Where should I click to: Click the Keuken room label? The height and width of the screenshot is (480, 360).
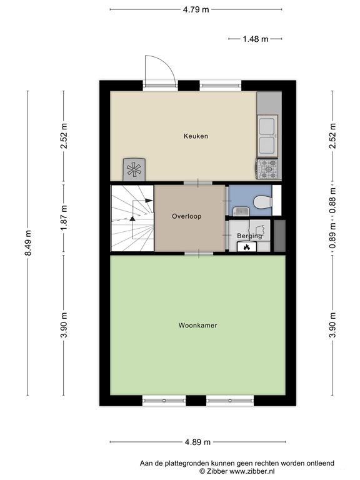pos(196,136)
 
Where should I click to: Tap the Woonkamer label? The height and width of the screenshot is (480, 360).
pos(197,325)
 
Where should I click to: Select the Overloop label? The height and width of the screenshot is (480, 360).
pos(186,216)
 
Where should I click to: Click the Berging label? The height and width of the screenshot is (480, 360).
pos(249,236)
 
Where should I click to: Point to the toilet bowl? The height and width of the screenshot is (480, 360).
pos(263,202)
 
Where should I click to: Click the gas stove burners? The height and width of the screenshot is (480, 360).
pos(269,169)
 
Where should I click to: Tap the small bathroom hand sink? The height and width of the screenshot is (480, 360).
pos(241,211)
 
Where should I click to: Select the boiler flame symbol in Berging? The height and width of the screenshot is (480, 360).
pos(246,247)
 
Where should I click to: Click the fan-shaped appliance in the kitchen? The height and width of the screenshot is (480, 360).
pos(134,169)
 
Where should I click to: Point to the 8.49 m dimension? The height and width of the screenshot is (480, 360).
pos(28,242)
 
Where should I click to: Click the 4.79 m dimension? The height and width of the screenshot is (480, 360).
pos(196,9)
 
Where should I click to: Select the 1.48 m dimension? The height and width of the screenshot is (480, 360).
pos(255,39)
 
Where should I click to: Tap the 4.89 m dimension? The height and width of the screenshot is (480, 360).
pos(197,442)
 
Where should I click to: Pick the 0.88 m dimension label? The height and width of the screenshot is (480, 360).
pos(332,200)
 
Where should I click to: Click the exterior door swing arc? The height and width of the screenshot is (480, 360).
pos(165,62)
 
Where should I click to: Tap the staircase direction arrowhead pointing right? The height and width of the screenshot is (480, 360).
pos(149,200)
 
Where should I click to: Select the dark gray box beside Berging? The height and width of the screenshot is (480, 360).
pos(279,236)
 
